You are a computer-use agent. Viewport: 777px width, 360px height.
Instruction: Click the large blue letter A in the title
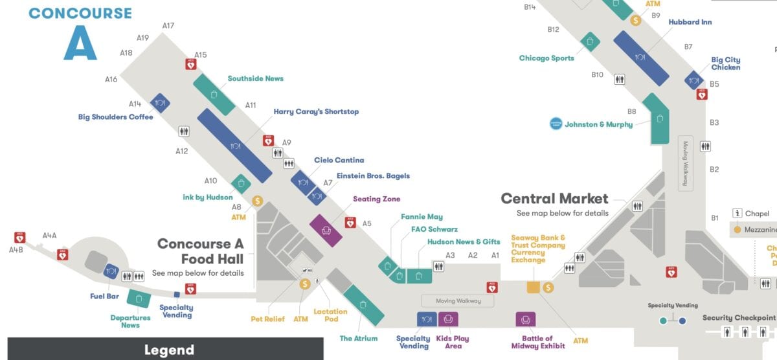pos(80,43)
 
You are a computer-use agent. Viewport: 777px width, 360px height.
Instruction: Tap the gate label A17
pos(168,26)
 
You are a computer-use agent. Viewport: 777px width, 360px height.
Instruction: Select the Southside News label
pos(255,78)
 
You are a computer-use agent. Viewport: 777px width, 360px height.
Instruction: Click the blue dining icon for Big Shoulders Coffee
pos(160,103)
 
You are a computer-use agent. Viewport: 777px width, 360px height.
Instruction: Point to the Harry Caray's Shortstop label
pos(315,111)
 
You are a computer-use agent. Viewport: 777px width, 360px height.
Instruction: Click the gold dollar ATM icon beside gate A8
pos(257,201)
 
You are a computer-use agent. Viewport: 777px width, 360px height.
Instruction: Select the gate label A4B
pos(16,250)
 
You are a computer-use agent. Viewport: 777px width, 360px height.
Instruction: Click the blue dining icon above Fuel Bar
pos(111,272)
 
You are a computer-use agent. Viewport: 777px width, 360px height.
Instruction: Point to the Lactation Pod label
pos(331,315)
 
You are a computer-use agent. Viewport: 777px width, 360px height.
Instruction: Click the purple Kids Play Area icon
pos(448,319)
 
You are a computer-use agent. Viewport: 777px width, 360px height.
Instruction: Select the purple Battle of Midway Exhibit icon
pos(526,319)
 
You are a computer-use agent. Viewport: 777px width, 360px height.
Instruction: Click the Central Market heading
pos(554,199)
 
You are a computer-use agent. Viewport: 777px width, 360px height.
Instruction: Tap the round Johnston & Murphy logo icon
pos(556,124)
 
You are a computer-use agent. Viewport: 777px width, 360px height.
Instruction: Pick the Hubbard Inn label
pos(690,22)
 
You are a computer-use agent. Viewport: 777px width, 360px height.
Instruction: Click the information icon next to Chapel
pos(737,213)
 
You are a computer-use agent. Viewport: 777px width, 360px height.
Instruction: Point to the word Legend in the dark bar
pos(168,350)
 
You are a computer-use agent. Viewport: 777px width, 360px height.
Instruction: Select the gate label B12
pos(553,30)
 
